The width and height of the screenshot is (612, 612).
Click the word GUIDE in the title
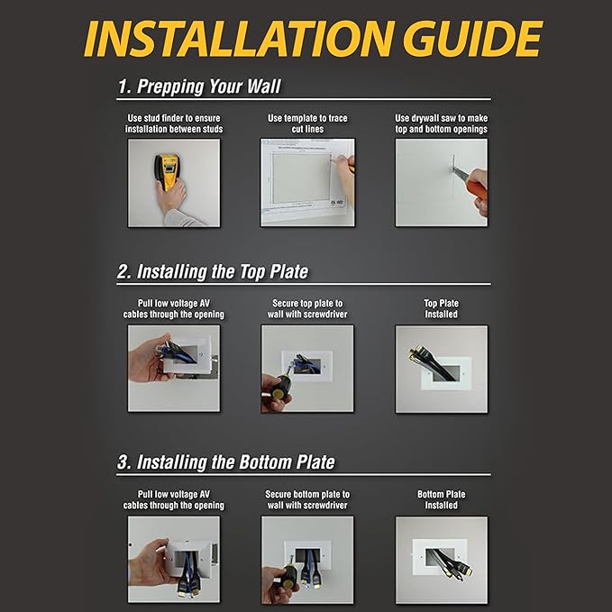pyautogui.click(x=473, y=38)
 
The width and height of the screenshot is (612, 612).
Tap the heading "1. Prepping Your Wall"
pyautogui.click(x=199, y=87)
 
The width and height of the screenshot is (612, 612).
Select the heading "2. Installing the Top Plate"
pyautogui.click(x=213, y=271)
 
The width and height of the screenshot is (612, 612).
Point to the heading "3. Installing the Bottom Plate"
pyautogui.click(x=226, y=462)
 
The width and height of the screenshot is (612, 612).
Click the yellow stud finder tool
pyautogui.click(x=167, y=171)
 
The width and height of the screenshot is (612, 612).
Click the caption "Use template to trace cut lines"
pyautogui.click(x=307, y=123)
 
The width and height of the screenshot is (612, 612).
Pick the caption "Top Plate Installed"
pyautogui.click(x=441, y=309)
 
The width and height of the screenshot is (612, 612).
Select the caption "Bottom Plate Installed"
pyautogui.click(x=441, y=499)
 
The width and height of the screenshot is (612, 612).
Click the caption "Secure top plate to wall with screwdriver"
pyautogui.click(x=307, y=309)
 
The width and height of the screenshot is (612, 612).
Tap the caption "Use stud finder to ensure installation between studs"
pyautogui.click(x=174, y=123)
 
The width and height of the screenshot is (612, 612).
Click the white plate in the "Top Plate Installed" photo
pyautogui.click(x=442, y=375)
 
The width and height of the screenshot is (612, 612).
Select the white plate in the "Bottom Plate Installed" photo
pyautogui.click(x=440, y=557)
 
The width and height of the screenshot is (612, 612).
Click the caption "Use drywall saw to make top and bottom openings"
pyautogui.click(x=441, y=123)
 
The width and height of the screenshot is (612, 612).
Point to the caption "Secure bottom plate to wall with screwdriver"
pyautogui.click(x=307, y=499)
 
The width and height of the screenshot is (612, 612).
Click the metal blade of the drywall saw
pyautogui.click(x=461, y=175)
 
